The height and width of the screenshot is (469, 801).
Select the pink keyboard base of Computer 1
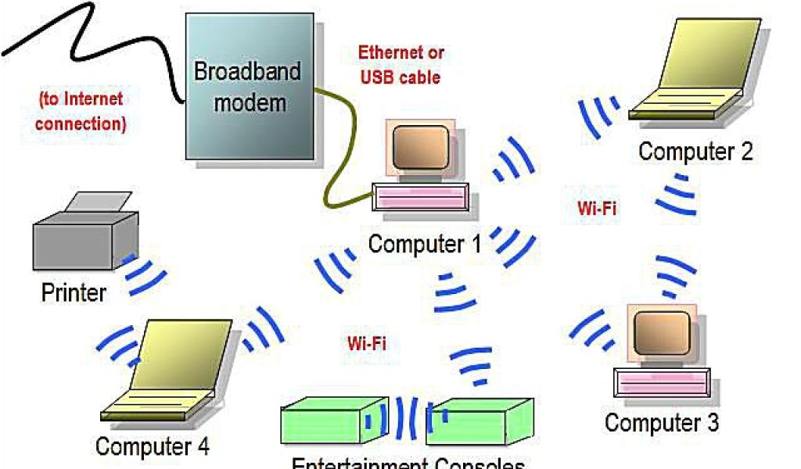(422, 196)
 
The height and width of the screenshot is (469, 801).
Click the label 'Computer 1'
(425, 244)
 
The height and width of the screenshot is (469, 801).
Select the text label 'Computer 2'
(695, 151)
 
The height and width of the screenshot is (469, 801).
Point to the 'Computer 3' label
(661, 423)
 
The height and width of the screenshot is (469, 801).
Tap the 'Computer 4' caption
(152, 446)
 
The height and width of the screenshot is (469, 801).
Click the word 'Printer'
(73, 293)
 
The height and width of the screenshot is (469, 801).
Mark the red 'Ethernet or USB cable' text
(400, 65)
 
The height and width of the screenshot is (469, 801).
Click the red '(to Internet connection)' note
(81, 111)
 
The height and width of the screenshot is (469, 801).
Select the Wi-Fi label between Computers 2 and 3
(597, 209)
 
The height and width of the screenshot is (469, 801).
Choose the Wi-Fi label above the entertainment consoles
(366, 342)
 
